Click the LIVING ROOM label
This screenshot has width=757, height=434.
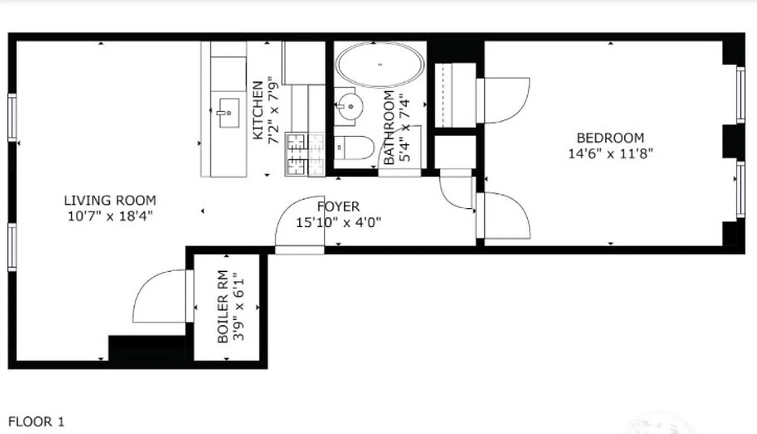click(110, 201)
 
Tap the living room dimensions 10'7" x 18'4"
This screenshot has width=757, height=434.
click(110, 216)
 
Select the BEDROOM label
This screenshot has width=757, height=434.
click(610, 138)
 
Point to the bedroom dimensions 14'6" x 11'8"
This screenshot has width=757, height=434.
click(610, 154)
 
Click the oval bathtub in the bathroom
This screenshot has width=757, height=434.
click(380, 65)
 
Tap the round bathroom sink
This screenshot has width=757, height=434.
click(348, 105)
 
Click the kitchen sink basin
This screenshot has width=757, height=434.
click(228, 113)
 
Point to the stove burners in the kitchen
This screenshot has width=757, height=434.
click(305, 155)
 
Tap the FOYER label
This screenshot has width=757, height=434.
click(338, 207)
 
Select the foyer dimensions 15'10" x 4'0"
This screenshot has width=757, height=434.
click(338, 222)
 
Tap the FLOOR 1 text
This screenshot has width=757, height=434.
click(36, 422)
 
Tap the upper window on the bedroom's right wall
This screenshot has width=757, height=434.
click(740, 95)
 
